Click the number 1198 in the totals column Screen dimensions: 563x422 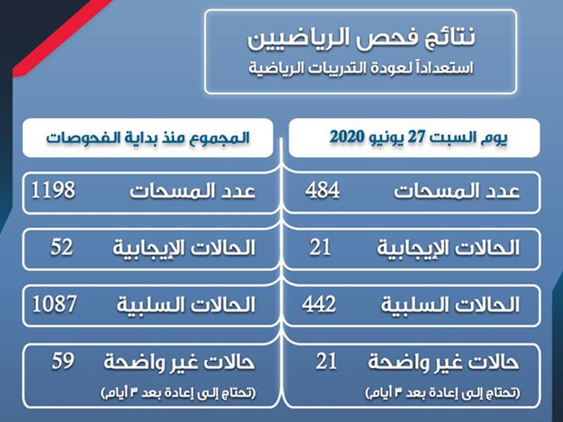[53, 190]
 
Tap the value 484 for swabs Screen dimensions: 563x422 [322, 190]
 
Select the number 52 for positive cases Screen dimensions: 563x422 [62, 248]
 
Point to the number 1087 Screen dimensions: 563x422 [54, 304]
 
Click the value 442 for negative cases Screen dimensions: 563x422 [319, 304]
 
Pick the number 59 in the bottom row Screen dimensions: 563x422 [63, 361]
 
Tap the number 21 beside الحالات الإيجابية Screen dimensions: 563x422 [320, 248]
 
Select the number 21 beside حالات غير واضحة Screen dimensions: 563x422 [327, 361]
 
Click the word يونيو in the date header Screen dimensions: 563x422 [387, 138]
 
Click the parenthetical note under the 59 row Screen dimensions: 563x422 [179, 393]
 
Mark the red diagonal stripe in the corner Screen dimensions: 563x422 [61, 38]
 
